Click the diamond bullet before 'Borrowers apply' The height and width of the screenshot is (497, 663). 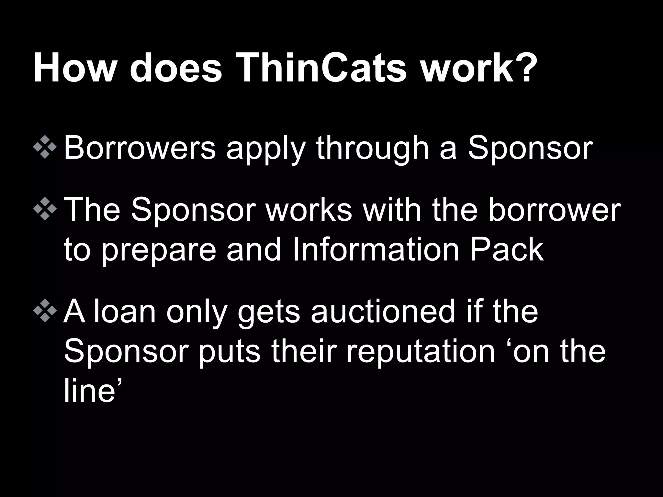click(x=45, y=148)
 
